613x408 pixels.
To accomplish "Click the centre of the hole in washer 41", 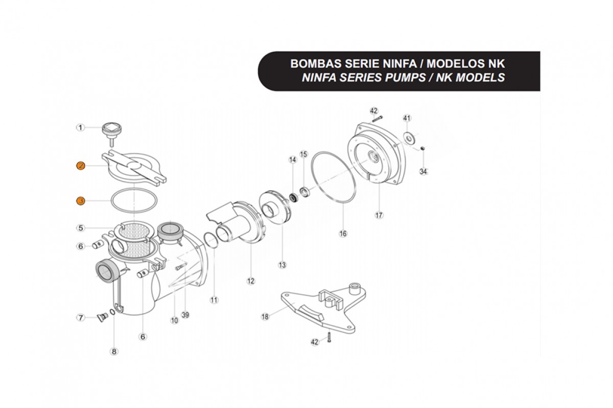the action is coord(409,138).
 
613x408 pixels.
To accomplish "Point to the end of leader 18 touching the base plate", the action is coord(294,303).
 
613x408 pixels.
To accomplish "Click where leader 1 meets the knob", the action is coord(103,127).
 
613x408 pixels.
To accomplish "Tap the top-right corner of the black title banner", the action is coord(540,52).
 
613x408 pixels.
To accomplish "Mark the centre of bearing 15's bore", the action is coord(304,192).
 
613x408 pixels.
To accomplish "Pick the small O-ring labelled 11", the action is coord(211,240).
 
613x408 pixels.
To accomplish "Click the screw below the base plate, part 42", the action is coord(329,338).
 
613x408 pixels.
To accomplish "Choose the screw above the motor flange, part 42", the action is coord(377,119).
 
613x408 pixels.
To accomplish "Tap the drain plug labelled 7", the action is coord(102,318).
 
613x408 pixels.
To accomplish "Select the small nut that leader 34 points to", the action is coord(422,148).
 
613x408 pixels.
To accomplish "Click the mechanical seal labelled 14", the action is coord(294,197).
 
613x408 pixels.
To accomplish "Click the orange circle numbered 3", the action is coord(81,201).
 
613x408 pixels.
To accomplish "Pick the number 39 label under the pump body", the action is coord(185,315).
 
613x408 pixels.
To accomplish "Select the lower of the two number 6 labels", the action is coord(143,337).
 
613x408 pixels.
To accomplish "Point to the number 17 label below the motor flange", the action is coord(379,215).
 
